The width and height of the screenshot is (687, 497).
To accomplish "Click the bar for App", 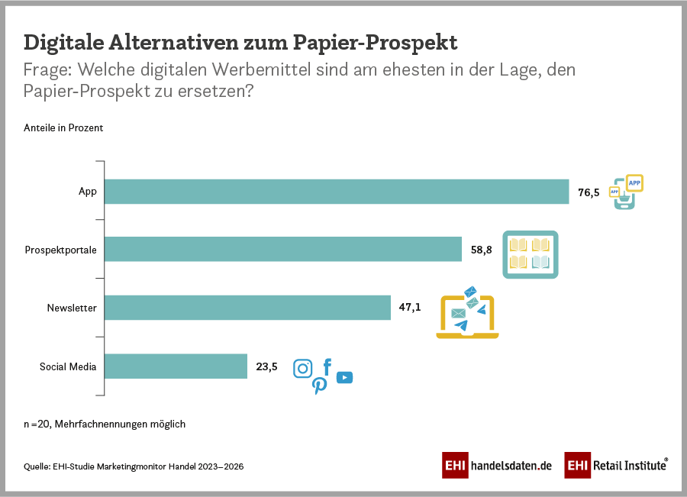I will point(337,192).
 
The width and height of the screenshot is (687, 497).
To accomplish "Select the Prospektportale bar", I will point(283,249).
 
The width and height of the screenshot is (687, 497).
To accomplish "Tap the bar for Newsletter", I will point(247,308).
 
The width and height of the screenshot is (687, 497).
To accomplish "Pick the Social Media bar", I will point(176,366).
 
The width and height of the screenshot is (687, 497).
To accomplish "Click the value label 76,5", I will point(589,192).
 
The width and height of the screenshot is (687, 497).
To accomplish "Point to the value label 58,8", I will point(482,250).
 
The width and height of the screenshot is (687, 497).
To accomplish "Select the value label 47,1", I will point(410,308).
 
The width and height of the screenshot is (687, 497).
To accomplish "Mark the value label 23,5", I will point(266,367).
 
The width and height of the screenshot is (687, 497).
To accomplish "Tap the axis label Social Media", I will point(68,367).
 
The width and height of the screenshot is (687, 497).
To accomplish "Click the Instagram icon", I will point(303,369).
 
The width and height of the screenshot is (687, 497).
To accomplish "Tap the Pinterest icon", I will point(320,386).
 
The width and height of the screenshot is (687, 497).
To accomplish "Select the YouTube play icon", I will point(344,377).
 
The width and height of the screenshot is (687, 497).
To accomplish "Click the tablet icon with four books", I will point(530,253).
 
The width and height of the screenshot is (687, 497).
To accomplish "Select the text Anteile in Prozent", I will point(63,128).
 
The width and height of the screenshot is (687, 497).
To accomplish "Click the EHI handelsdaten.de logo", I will point(497,465).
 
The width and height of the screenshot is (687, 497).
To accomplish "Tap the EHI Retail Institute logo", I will point(617,465).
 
